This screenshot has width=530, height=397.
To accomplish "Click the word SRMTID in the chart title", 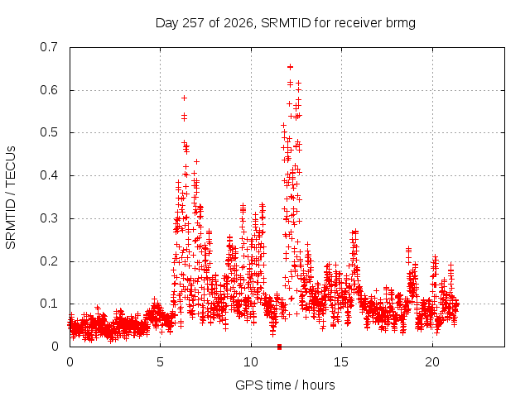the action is tap(286, 23).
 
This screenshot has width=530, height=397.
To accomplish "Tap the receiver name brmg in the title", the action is tap(400, 24).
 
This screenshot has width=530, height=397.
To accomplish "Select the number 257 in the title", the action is tap(193, 23).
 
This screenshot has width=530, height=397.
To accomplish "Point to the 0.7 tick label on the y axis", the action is tap(49, 47).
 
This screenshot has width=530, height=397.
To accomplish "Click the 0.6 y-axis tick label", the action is tap(49, 90).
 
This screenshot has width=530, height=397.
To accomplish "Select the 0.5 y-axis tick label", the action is tap(49, 132).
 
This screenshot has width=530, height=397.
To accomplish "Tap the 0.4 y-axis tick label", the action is tap(49, 175).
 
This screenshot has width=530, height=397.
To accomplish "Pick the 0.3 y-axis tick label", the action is tap(49, 218).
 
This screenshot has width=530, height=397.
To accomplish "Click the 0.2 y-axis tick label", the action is tap(49, 261).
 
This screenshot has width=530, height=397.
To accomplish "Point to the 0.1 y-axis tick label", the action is tap(49, 304).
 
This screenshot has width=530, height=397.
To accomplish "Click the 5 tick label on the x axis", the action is tap(160, 362).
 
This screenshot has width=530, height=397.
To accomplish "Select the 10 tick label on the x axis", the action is tap(251, 362).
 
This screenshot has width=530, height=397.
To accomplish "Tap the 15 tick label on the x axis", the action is tap(341, 362).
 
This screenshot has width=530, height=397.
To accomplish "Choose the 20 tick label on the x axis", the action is tap(432, 362).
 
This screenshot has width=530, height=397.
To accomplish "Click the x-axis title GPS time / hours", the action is tap(285, 385).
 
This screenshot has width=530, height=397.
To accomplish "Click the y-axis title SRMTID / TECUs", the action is tap(11, 198).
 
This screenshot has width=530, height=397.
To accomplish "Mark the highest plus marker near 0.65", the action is tap(290, 67).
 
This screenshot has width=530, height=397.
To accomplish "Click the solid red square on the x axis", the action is tap(279, 347).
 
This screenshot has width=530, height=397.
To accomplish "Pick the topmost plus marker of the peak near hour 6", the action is tap(184, 98).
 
